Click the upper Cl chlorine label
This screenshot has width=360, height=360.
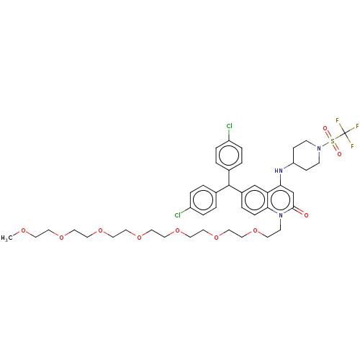point(230,127)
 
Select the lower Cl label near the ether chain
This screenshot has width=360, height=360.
point(177,215)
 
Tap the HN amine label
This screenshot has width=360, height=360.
point(279,171)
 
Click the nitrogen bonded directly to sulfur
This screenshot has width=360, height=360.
point(319,148)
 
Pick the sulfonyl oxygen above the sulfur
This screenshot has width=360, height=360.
point(325,128)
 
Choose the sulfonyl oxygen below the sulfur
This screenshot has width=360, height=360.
point(339,153)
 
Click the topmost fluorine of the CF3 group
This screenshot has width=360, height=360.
point(338,120)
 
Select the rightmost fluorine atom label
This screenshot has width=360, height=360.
point(357,127)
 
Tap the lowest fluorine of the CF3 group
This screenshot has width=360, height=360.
point(352,146)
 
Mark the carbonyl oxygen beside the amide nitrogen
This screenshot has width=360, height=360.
point(306,215)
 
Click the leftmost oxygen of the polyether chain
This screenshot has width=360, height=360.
point(23,231)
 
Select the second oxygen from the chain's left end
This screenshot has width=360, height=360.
point(62,237)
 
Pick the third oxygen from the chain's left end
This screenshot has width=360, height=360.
point(100,231)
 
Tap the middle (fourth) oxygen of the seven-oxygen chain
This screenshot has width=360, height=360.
point(139,237)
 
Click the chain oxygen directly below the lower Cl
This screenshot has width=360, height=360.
point(177,231)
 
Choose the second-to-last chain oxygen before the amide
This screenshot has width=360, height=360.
point(216,237)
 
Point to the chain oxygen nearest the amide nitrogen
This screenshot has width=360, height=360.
point(254,231)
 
